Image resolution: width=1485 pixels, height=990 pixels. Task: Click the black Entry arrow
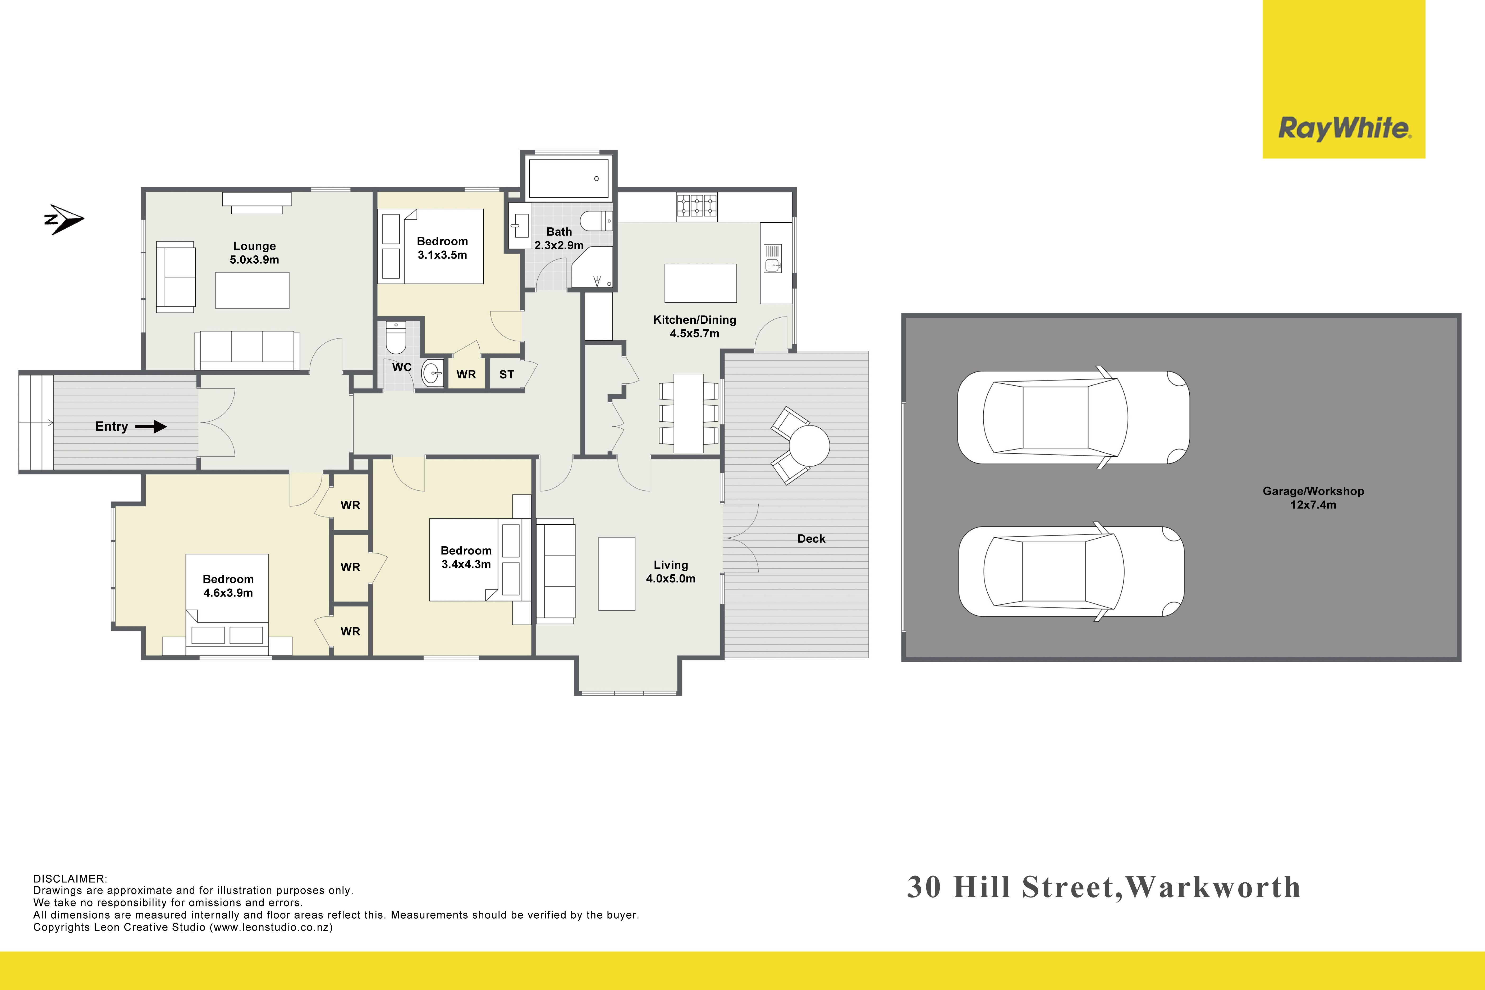[151, 427]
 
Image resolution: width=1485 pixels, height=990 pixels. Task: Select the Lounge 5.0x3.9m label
[254, 253]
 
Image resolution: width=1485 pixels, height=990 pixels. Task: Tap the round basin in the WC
[433, 373]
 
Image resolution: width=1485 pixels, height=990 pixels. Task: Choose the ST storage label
[506, 374]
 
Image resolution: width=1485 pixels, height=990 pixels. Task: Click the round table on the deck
[809, 446]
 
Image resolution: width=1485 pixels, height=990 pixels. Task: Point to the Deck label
[811, 539]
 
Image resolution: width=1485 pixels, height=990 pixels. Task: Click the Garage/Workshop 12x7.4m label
[1313, 498]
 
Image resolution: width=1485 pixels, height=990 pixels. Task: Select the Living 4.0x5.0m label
[671, 571]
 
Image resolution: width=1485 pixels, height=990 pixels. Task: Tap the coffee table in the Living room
[617, 574]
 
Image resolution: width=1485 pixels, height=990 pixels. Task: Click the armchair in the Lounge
[176, 277]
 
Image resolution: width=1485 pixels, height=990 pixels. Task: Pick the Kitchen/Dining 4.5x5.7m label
[695, 326]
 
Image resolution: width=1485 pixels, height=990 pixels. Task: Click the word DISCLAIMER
[70, 879]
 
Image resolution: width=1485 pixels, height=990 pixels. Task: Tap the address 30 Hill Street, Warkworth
[1104, 888]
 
